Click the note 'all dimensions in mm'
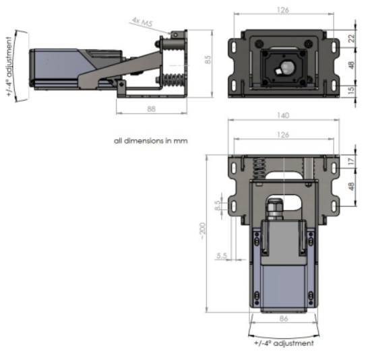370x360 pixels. point(150,141)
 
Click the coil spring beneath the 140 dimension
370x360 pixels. point(259,171)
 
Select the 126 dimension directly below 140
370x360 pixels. point(283,135)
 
